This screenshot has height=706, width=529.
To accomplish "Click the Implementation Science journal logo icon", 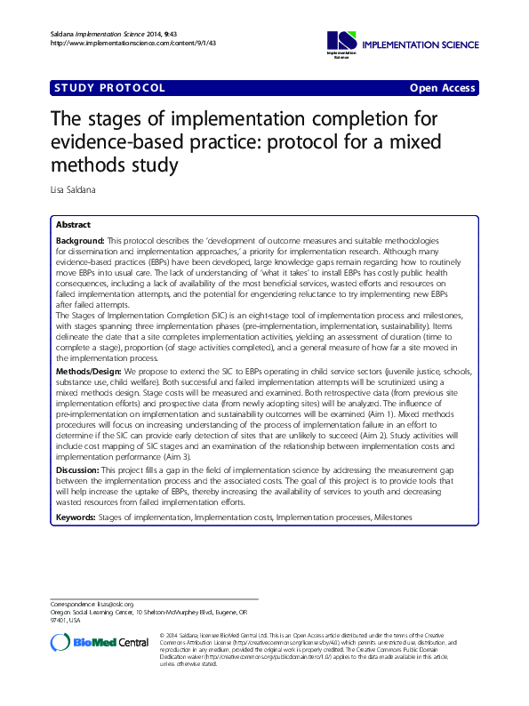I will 341,41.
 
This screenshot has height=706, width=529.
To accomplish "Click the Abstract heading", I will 73,225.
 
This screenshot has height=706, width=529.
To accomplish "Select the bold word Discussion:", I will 78,469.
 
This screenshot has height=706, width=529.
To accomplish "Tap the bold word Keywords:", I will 76,517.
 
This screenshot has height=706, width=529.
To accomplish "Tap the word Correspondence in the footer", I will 72,604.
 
